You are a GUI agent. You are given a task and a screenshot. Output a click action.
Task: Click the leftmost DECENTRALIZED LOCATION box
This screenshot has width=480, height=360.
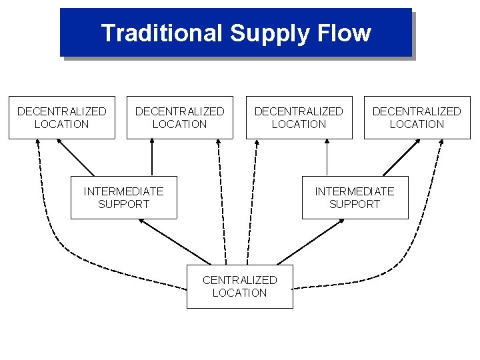pos(61,117)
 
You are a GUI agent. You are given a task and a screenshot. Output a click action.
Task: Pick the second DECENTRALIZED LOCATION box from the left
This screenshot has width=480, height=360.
pos(179,117)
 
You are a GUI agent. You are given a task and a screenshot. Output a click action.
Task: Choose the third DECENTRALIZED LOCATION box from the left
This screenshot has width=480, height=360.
pos(299,117)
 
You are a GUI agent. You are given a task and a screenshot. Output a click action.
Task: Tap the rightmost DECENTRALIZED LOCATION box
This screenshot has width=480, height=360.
pos(417,117)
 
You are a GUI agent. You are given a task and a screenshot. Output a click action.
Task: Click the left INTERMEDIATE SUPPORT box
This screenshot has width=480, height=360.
pos(123,197)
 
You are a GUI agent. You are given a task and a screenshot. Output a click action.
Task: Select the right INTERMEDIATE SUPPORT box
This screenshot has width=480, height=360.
pos(355,197)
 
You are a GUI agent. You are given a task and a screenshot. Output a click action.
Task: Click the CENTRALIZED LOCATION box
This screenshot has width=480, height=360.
pos(239,286)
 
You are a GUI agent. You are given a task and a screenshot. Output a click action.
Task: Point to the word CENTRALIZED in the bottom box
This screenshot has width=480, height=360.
pos(239,279)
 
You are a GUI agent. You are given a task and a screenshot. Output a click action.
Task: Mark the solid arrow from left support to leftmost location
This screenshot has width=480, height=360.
pos(77,158)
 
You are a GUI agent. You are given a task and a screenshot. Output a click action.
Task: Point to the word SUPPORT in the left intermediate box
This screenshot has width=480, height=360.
pos(123,204)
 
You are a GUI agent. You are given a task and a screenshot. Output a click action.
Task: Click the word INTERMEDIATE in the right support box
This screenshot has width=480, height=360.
pos(355,191)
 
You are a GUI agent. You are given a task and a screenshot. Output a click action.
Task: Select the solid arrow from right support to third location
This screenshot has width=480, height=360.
pos(327,158)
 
